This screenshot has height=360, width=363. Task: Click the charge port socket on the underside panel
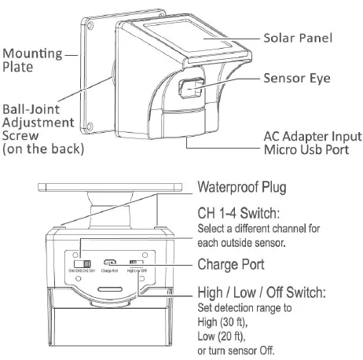(x=112, y=263)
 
